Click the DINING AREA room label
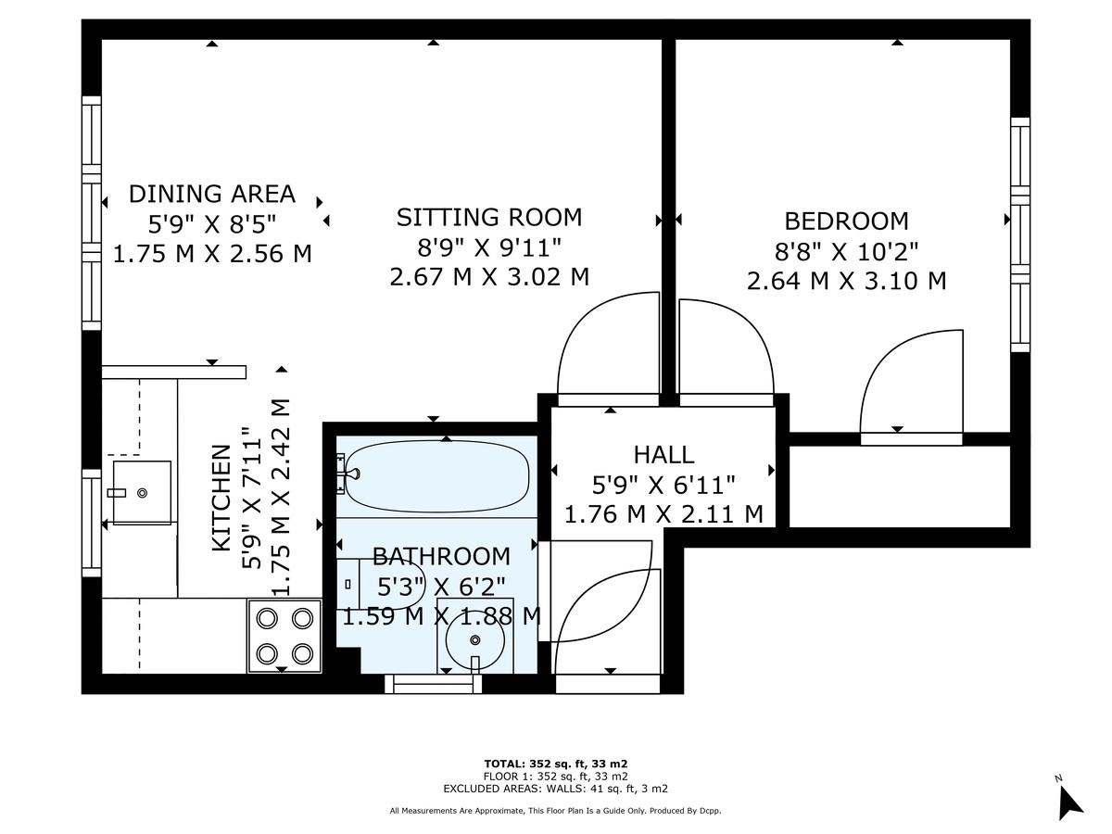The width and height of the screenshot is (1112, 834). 211,194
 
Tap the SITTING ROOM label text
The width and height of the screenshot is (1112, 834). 489,217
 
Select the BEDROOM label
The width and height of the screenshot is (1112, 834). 846,221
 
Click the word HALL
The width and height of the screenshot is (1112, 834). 663,454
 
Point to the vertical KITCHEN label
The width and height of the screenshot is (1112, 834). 221,498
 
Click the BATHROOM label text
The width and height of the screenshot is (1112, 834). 441,556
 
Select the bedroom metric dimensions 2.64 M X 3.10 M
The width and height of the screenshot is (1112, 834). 846,280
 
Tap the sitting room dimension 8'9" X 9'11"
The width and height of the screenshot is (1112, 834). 489,246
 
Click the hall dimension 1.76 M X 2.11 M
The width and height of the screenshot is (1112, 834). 663,512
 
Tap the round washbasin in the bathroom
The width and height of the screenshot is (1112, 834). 475,639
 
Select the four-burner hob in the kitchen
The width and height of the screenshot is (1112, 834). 284,636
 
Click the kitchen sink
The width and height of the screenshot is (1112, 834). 141,492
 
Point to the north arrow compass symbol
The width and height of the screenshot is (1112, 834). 1069,799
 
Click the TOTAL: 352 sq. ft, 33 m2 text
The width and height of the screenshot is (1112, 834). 555,764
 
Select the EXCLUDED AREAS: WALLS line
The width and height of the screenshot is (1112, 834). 555,789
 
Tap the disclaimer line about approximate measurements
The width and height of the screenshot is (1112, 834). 555,811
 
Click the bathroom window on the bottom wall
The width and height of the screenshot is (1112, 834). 434,684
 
